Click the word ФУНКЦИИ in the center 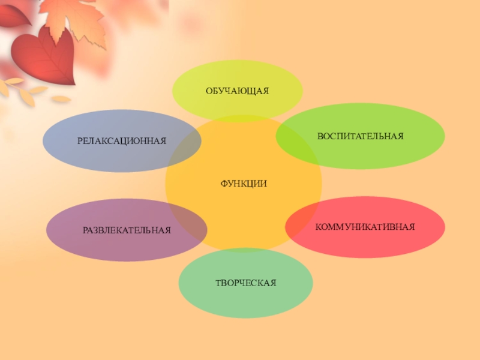[243, 183]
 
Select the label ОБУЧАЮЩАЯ [237, 91]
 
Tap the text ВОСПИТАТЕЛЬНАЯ [360, 137]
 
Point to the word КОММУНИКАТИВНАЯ [365, 227]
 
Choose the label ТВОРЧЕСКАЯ [245, 281]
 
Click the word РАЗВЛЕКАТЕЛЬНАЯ [127, 230]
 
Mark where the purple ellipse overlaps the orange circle [189, 225]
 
